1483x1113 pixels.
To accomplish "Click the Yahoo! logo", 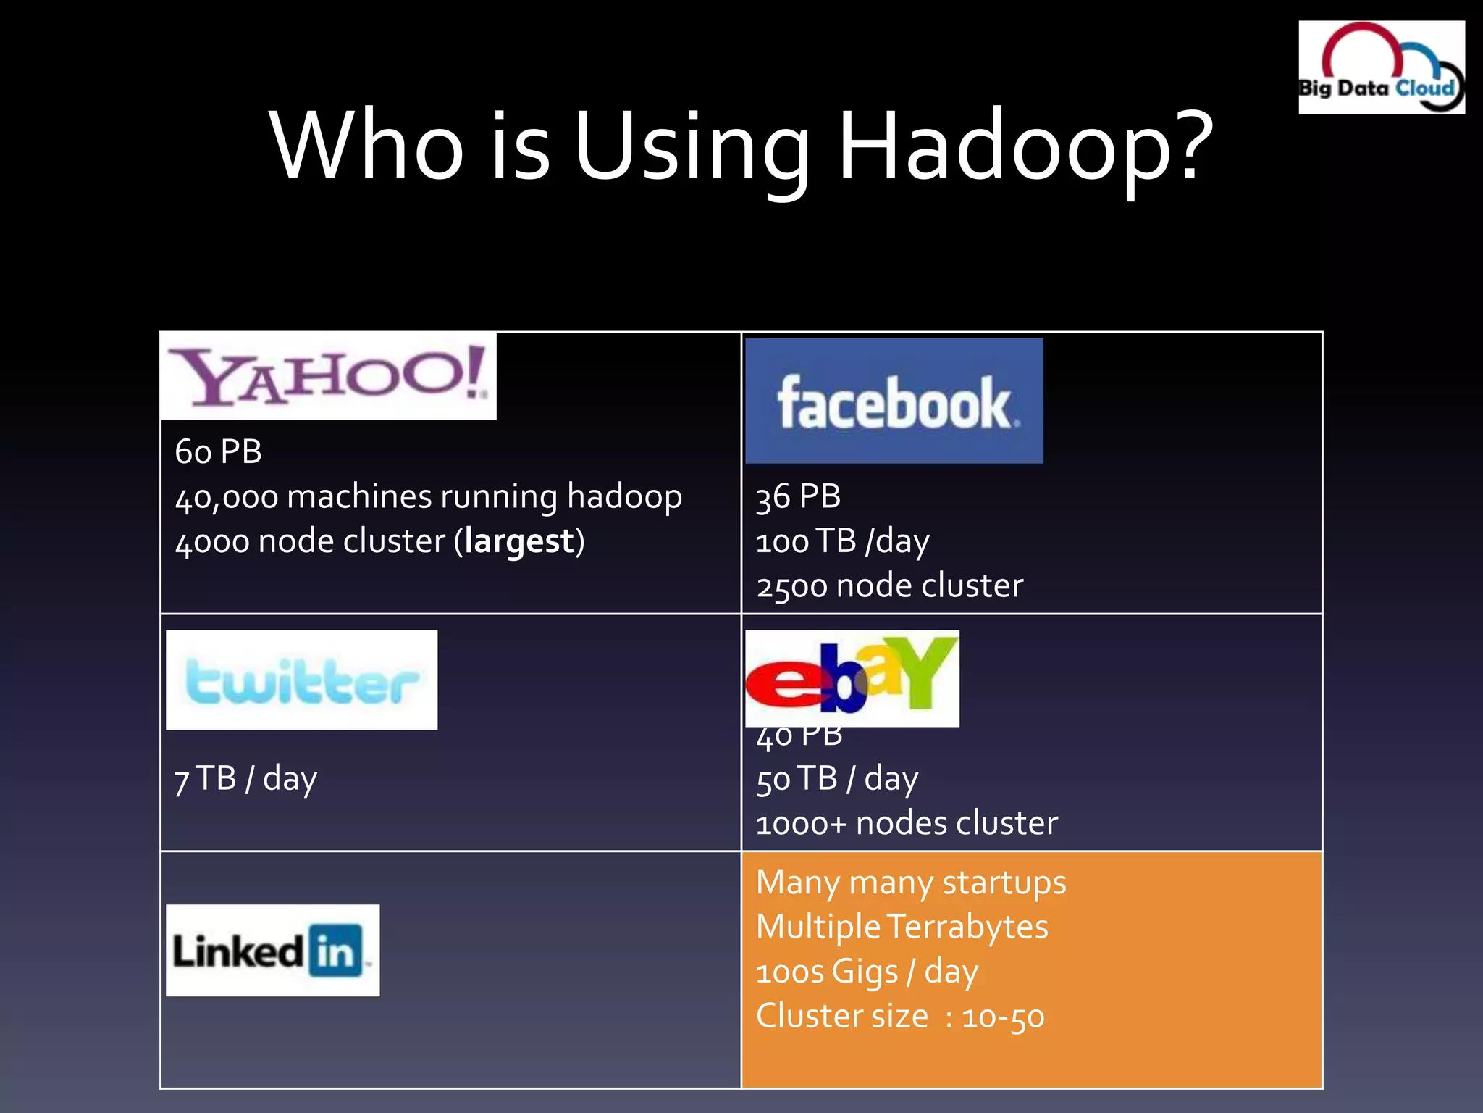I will tap(328, 376).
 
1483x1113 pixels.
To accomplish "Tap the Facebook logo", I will tap(894, 401).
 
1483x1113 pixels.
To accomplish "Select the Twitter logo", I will tap(301, 680).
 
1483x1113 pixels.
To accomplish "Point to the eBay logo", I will tap(852, 678).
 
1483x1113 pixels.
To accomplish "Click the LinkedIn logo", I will tap(272, 950).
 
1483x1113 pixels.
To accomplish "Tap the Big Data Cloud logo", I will tap(1381, 67).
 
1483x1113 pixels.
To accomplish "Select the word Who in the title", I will tap(366, 145).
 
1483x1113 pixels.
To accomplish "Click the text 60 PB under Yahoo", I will tap(218, 451).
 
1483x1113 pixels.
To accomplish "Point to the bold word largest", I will tap(519, 541).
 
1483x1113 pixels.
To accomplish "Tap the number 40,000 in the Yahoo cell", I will tap(227, 498).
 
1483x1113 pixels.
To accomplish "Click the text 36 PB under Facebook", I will tap(798, 497).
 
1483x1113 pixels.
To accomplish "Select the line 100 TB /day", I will tap(842, 541).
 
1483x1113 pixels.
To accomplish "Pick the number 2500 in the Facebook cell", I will tap(791, 586).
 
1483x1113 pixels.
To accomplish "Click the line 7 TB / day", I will tap(245, 779).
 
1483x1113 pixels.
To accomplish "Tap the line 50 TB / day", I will tap(837, 779).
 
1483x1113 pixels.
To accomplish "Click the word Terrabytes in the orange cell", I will tap(967, 927).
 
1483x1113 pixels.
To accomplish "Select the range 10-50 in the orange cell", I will tap(1003, 1017).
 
